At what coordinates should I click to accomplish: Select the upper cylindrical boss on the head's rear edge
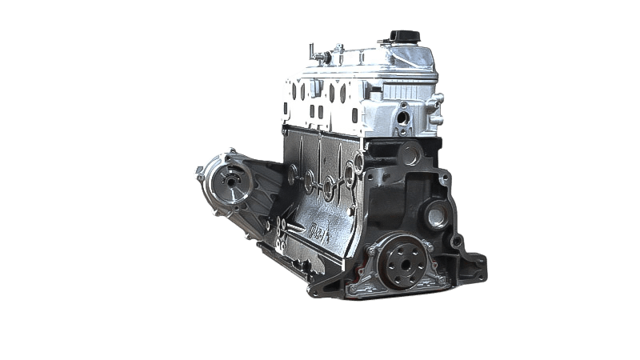point(438,100)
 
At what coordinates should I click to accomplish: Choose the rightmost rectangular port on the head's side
point(353,111)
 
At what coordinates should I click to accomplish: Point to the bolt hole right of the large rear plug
point(458,240)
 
